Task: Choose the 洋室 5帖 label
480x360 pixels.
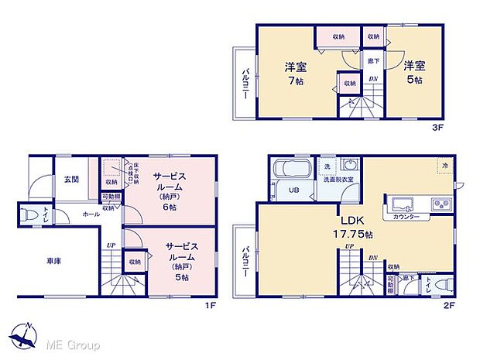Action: [x=412, y=72]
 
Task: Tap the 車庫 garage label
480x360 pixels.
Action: [x=53, y=261]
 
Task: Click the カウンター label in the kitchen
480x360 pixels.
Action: [x=406, y=217]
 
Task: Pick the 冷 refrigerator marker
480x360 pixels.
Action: [x=445, y=166]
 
